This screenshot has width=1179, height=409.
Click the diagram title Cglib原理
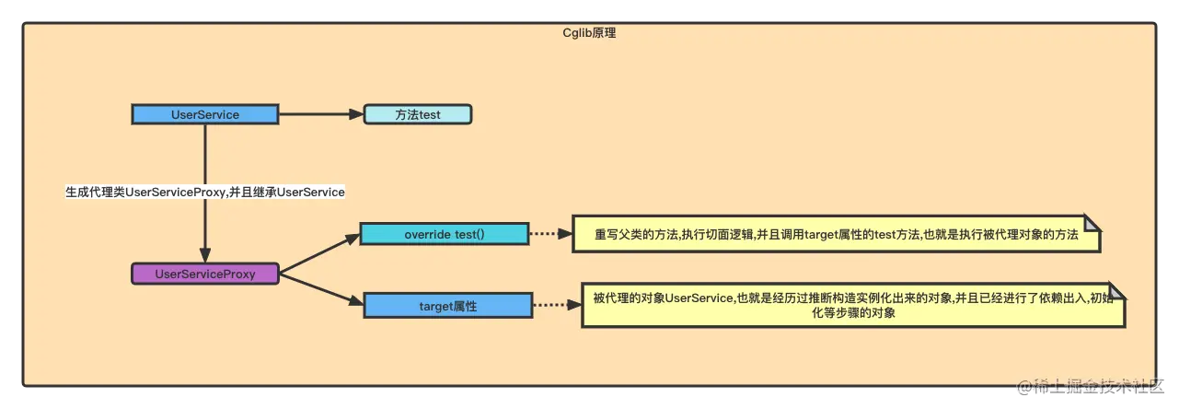click(589, 32)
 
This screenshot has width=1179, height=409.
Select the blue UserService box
click(204, 114)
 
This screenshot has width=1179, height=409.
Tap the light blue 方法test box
click(418, 114)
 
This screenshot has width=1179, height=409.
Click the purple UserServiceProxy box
click(205, 273)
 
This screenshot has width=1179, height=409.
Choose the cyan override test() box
click(444, 234)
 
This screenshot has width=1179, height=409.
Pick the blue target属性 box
click(447, 305)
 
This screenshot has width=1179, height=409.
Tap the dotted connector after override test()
click(550, 234)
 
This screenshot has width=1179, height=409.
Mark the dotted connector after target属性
click(556, 305)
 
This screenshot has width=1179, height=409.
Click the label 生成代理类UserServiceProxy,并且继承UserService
click(205, 192)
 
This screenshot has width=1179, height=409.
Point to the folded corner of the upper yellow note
click(1092, 224)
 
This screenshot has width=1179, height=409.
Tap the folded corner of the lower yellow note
click(1116, 291)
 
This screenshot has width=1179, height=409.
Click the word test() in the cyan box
click(469, 234)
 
